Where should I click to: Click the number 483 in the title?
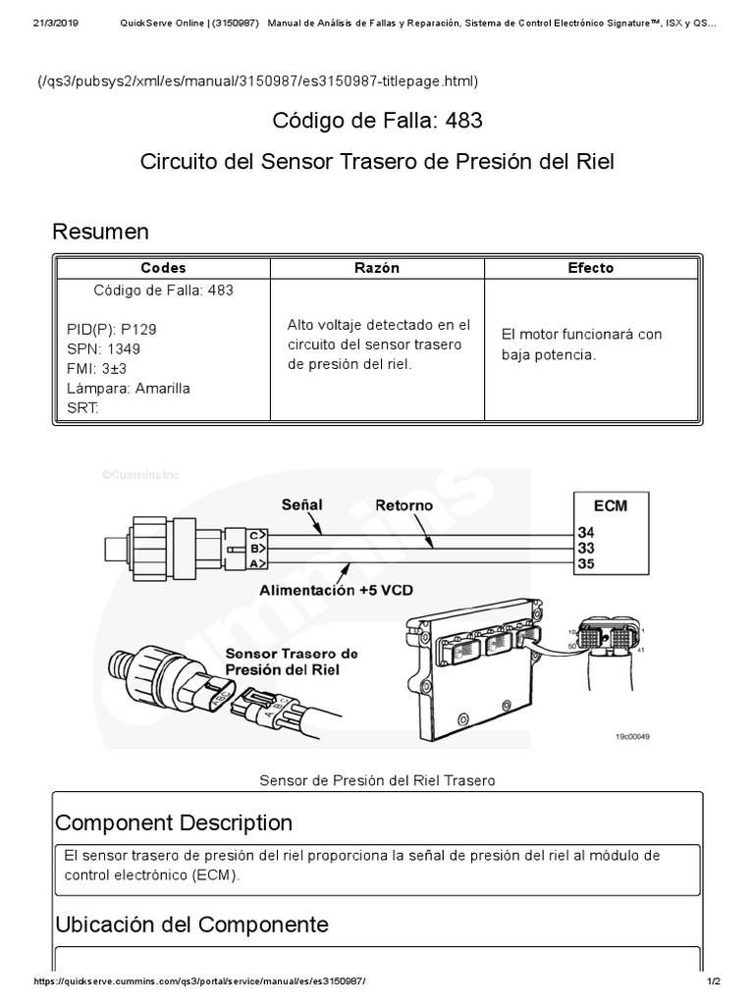462,121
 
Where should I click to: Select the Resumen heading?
100,232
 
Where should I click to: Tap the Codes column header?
163,268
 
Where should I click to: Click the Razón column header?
376,268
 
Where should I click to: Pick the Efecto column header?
591,268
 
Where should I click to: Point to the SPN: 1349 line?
104,349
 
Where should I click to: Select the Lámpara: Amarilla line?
129,388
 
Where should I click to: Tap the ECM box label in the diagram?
611,506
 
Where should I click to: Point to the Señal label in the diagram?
301,504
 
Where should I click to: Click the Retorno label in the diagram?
404,504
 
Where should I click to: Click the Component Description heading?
174,822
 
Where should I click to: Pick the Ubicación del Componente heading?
191,925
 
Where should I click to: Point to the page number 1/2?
714,982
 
